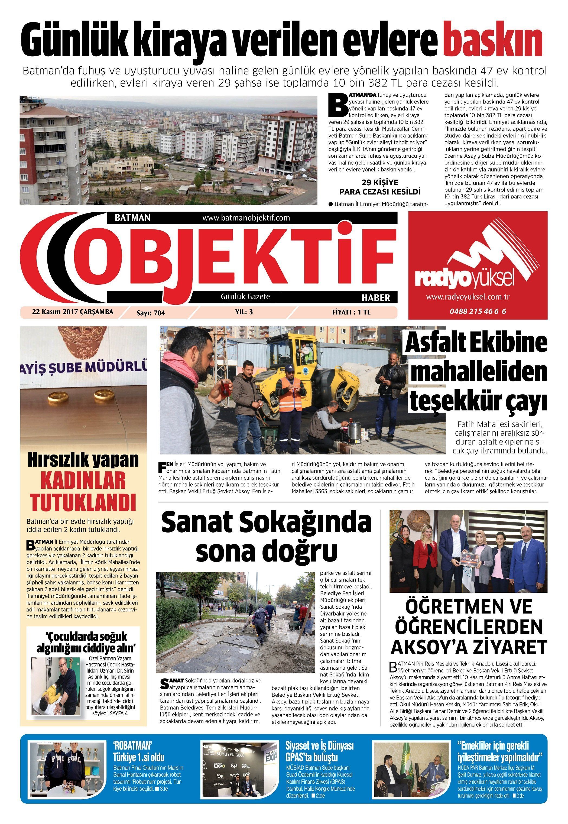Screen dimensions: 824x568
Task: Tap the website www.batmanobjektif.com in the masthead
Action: tap(246, 218)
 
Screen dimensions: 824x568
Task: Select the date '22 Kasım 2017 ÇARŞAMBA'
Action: tap(73, 312)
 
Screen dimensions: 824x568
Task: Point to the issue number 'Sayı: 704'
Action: tap(151, 313)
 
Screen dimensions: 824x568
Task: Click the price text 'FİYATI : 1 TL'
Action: tap(351, 312)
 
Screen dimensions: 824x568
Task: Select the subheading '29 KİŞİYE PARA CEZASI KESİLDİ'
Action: tap(380, 187)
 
